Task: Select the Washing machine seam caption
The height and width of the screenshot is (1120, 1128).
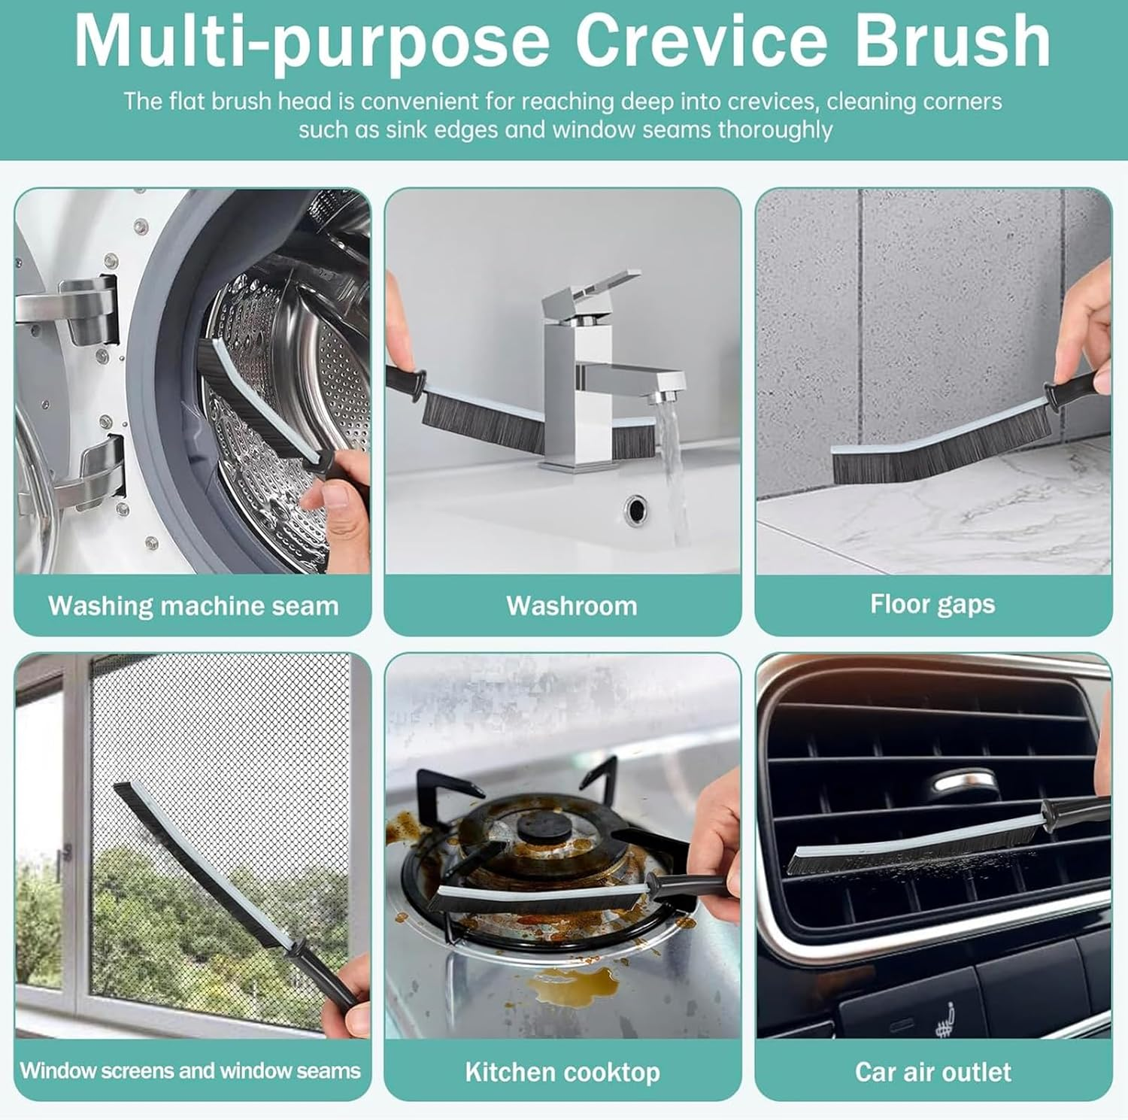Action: tap(193, 606)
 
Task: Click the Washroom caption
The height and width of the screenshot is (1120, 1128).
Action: tap(572, 606)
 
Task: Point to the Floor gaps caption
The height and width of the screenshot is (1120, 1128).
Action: tap(932, 604)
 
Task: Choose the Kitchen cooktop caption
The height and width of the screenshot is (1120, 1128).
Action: tap(562, 1071)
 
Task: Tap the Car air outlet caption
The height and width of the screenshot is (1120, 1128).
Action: tap(932, 1071)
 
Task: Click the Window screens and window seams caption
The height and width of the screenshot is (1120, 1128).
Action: tap(190, 1070)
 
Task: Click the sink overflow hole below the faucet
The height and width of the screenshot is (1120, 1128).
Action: tap(636, 509)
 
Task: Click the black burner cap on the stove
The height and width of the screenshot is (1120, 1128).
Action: tap(540, 827)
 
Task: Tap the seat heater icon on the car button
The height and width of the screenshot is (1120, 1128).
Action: tap(945, 1019)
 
